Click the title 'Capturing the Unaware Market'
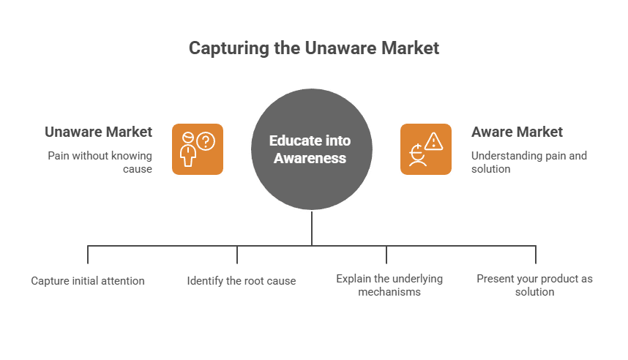tap(314, 48)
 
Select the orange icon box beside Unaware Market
tap(198, 149)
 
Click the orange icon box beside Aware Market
tap(426, 149)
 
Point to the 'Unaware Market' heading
tap(98, 132)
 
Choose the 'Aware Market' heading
tap(517, 132)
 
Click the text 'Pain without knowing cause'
tap(100, 162)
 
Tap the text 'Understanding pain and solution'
tap(528, 162)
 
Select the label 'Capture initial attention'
tap(88, 281)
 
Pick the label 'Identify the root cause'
tap(242, 281)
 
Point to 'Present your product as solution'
tap(534, 285)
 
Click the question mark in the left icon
tap(207, 140)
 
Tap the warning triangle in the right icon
tap(434, 140)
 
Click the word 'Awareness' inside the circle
tap(310, 157)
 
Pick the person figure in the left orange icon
tap(189, 151)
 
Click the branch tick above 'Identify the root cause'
tap(237, 254)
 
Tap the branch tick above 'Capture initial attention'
tap(88, 254)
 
